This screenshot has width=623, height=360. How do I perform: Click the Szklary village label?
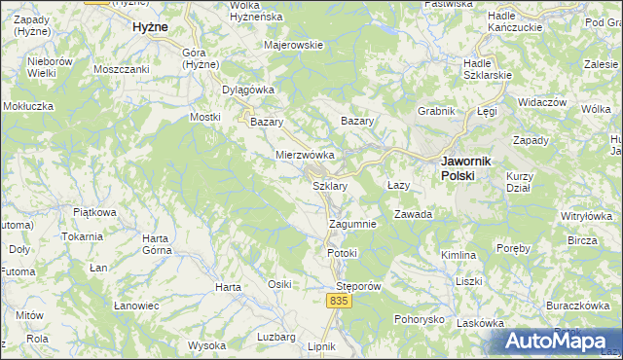point(328,185)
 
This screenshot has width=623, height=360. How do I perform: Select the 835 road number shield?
point(337,302)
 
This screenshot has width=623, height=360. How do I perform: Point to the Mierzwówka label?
point(306,155)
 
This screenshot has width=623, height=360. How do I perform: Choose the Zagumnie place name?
point(352,223)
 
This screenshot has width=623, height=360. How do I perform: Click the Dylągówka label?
point(248,90)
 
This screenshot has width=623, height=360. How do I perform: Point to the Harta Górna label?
point(156,244)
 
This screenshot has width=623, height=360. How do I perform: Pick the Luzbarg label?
point(275,337)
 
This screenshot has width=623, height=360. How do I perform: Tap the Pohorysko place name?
point(421,319)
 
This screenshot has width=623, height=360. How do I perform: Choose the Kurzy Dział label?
point(523,182)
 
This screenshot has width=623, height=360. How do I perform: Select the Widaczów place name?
point(542,102)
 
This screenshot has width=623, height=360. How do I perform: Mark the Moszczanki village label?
point(121,69)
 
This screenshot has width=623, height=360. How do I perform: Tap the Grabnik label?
point(436,111)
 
